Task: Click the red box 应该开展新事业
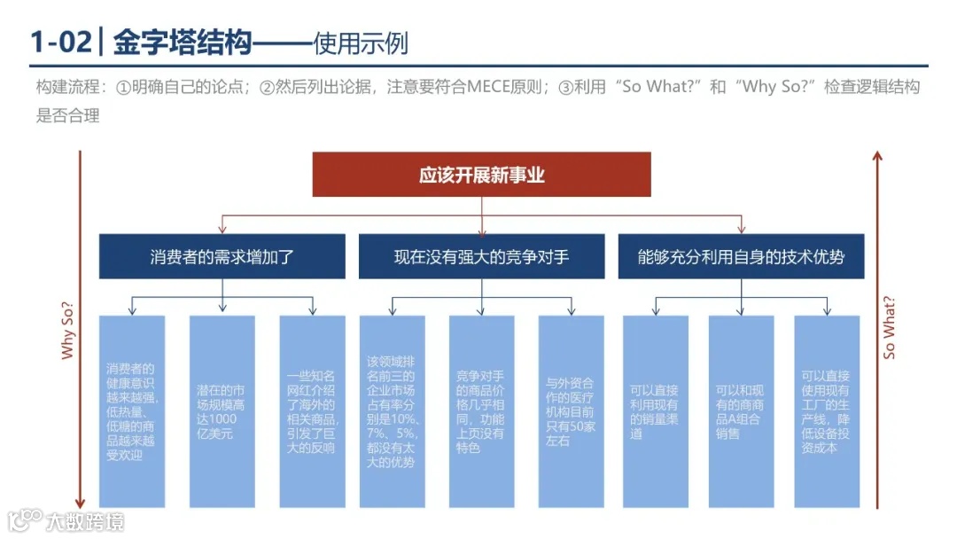coord(481,175)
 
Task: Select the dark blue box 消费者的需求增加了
coord(222,257)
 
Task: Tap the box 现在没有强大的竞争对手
coord(481,257)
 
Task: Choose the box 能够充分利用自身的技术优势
coord(741,257)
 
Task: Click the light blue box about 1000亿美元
coord(222,411)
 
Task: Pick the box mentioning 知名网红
coord(312,411)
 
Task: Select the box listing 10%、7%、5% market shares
coord(392,411)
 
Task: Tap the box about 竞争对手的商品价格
coord(481,411)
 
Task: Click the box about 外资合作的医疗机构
coord(571,411)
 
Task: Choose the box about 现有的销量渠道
coord(655,411)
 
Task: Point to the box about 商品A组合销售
coord(741,411)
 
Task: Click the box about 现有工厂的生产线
coord(826,411)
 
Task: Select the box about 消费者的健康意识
coord(131,411)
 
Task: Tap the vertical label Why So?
coord(68,330)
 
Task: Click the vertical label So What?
coord(890,327)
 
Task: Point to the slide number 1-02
coord(59,42)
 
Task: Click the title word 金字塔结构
coord(183,42)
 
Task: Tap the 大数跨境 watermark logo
coord(66,519)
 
